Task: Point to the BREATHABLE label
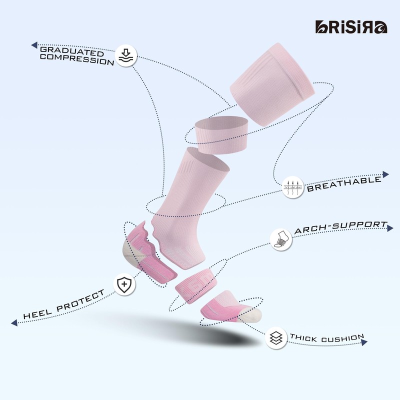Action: [344, 183]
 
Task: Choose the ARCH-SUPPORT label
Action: [340, 228]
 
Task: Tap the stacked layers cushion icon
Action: [275, 336]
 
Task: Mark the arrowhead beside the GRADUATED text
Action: [34, 45]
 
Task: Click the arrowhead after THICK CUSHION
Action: [364, 342]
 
